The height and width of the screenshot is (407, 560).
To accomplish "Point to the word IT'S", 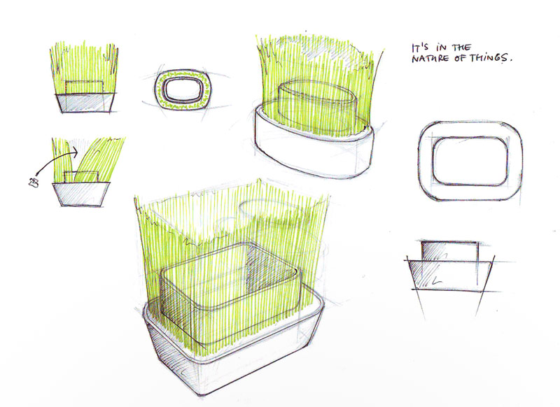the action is click(x=419, y=48).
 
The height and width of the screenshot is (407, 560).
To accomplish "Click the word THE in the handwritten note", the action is click(x=462, y=48).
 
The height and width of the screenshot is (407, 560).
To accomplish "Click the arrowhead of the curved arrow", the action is click(x=74, y=152).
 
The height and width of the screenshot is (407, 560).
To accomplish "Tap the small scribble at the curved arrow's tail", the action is click(x=33, y=183).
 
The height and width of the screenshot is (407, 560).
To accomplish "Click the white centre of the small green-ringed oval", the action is click(x=183, y=90).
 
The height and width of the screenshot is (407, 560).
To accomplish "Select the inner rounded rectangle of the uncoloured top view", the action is click(x=470, y=161).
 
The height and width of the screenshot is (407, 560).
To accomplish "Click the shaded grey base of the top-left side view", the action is click(x=85, y=103).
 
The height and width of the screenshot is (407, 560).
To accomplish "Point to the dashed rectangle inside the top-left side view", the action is click(x=84, y=87).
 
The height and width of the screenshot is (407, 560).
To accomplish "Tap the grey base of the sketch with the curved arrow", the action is click(x=81, y=194).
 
